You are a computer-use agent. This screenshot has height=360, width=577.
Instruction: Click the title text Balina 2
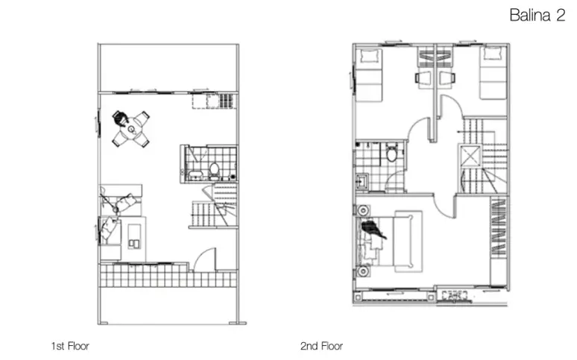[537, 15]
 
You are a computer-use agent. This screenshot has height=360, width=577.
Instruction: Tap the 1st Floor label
[70, 346]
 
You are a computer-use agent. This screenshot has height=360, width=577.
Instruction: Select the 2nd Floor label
[321, 346]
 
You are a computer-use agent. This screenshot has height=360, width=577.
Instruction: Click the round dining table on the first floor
[131, 129]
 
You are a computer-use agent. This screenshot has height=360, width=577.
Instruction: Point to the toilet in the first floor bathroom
[214, 171]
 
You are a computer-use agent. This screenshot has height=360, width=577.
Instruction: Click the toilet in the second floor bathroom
[392, 153]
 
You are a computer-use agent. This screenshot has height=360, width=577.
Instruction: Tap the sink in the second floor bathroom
[362, 181]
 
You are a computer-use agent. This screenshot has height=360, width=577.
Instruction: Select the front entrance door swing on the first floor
[204, 259]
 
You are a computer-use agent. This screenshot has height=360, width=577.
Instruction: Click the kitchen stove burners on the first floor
[227, 101]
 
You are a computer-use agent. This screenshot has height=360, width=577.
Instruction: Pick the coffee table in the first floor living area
[134, 238]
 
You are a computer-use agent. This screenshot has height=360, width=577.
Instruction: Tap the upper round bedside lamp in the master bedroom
[363, 210]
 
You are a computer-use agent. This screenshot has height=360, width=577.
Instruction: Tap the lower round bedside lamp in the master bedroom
[363, 271]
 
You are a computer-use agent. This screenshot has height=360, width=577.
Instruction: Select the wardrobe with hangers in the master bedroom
[499, 227]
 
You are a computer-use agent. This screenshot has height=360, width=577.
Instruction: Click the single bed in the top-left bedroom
[370, 75]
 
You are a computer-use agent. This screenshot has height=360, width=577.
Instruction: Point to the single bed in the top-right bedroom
[494, 72]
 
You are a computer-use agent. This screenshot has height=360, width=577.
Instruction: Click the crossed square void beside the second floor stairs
[470, 156]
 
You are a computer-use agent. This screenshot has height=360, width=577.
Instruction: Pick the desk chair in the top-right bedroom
[447, 78]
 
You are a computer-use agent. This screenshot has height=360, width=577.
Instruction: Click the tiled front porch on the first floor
[168, 275]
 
